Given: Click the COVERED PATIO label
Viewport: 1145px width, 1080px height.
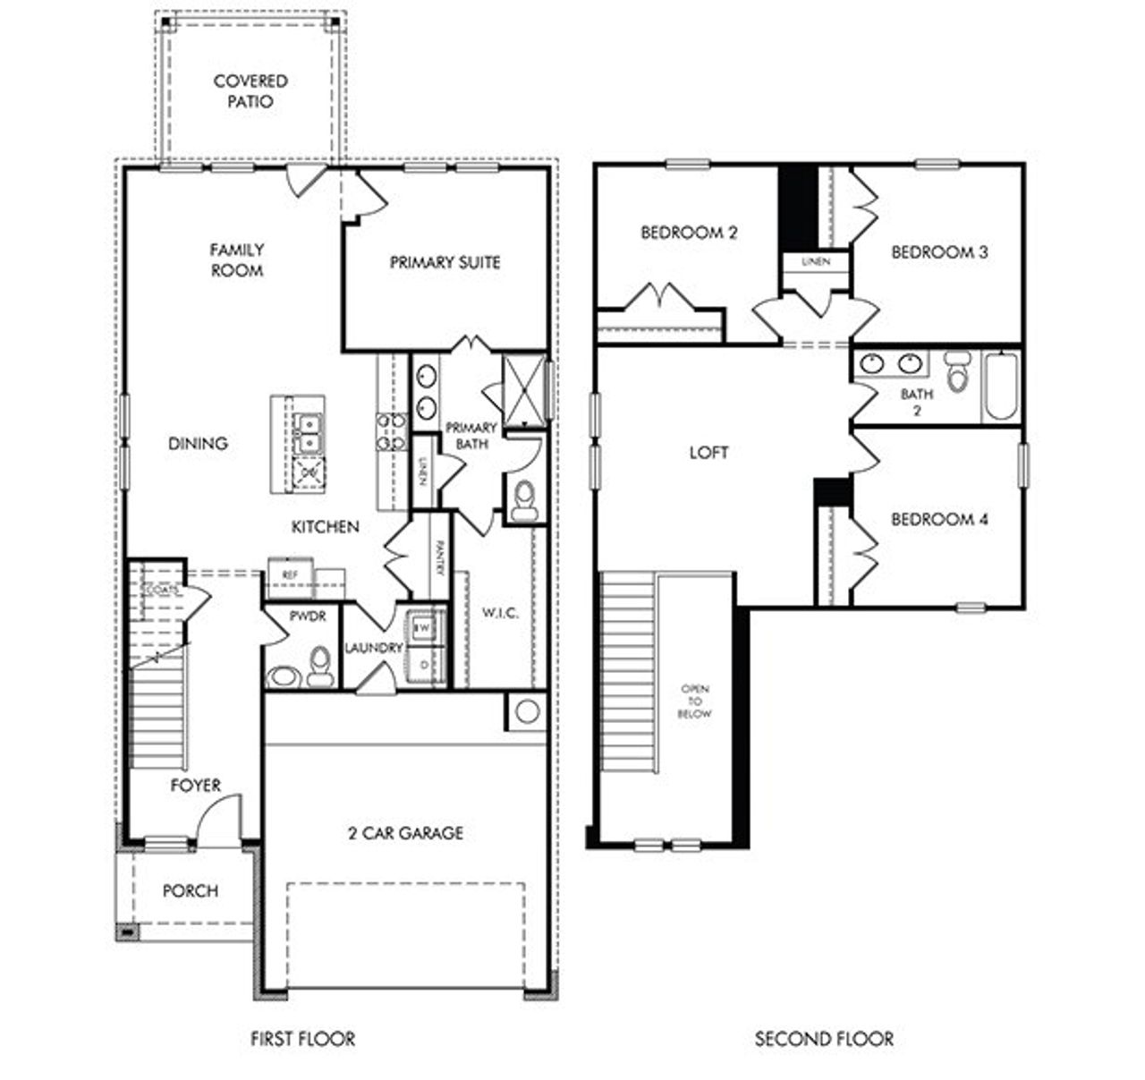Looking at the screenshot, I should tap(250, 91).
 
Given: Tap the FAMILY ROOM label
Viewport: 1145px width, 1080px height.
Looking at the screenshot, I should tap(237, 259).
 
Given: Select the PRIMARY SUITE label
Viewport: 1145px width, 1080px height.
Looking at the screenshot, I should tap(445, 262).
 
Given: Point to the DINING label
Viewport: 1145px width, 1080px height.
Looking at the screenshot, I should tap(198, 443).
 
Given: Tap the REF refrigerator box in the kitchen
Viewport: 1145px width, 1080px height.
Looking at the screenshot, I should tap(290, 575).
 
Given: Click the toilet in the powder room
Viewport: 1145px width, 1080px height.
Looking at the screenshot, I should tap(319, 667).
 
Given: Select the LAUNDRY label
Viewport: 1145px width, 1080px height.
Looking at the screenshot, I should tap(374, 648).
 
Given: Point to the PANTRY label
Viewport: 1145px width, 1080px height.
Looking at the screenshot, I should tap(440, 557).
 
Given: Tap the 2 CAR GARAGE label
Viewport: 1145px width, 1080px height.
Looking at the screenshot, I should tap(405, 833).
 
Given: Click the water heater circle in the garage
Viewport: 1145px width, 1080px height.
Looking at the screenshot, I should tap(527, 711).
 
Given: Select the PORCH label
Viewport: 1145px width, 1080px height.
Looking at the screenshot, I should tap(190, 891).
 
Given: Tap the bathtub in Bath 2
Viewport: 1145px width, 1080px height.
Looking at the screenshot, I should tap(1001, 387).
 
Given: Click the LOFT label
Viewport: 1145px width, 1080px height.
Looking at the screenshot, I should tap(708, 453).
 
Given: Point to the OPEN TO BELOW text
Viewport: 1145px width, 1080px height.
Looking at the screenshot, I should tap(695, 702).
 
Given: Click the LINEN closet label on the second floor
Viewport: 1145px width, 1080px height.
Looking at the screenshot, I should tap(816, 262).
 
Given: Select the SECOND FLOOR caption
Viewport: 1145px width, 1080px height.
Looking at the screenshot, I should tap(824, 1039).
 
